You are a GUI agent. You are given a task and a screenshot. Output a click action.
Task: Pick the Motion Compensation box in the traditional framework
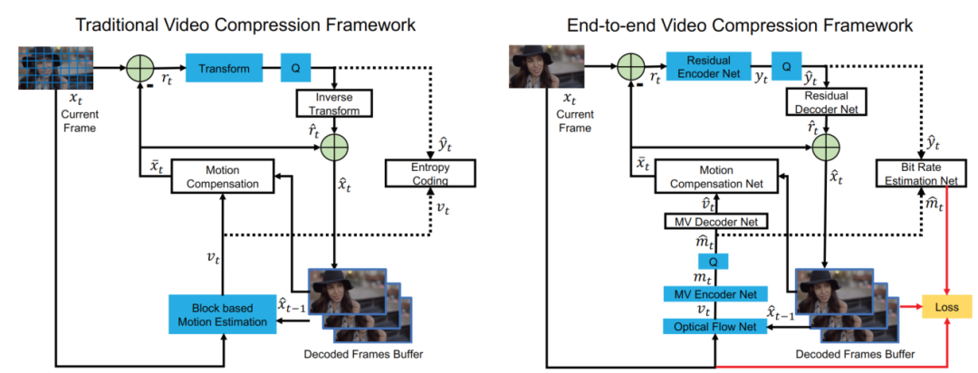tap(221, 176)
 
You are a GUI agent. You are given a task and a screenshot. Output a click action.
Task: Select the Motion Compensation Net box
tap(716, 176)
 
